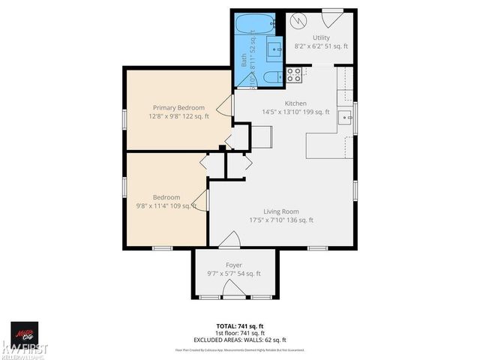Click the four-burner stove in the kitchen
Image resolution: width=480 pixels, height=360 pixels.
point(294,74)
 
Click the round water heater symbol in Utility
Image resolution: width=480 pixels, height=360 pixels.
point(300,22)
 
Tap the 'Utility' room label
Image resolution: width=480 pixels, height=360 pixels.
point(321,37)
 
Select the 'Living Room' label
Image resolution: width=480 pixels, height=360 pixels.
point(280,211)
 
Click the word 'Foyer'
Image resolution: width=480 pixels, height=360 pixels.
point(234,265)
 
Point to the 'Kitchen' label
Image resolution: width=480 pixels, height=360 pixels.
point(295,103)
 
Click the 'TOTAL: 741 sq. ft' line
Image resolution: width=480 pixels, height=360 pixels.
point(235,326)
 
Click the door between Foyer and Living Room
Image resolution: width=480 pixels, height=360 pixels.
point(229,241)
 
